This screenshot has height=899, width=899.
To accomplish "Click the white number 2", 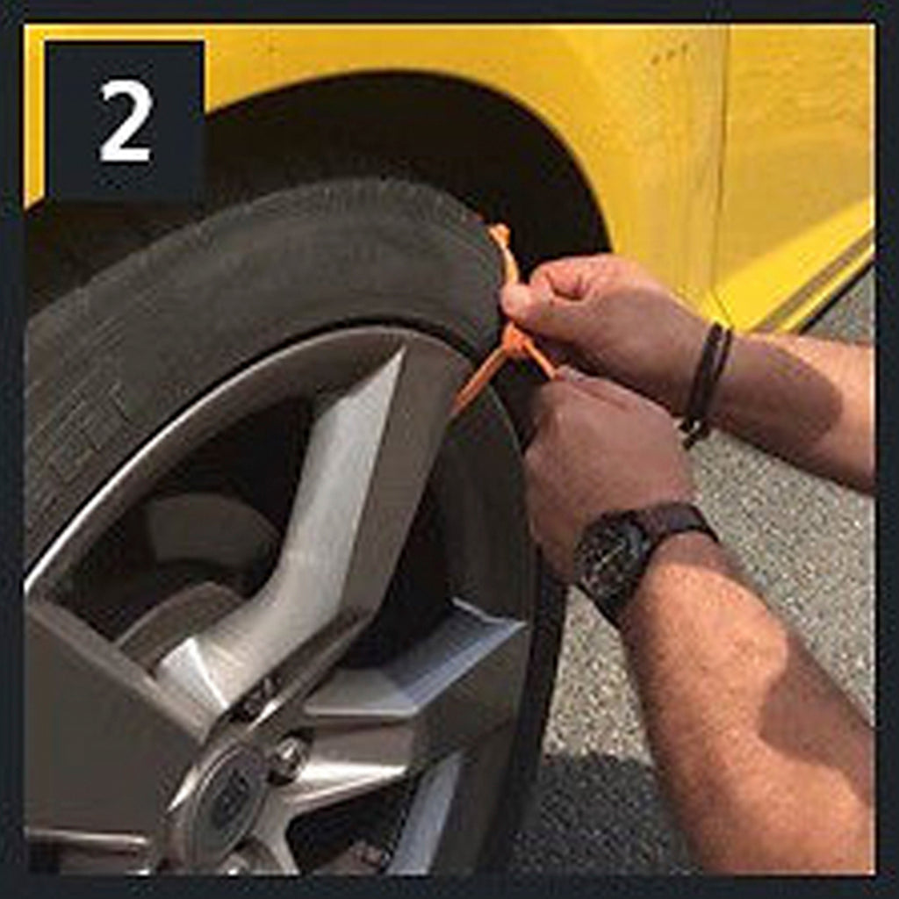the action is (x=126, y=121).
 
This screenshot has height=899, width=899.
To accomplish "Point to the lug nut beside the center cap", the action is (x=287, y=759).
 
